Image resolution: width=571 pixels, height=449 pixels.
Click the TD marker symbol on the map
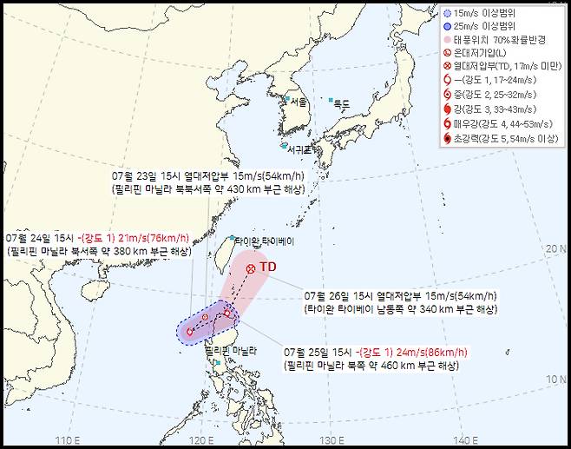coord(251,268)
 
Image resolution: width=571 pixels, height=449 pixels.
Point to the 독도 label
coord(341,103)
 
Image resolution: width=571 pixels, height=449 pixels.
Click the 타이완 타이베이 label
coord(266,241)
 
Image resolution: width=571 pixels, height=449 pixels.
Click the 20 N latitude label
coord(555,249)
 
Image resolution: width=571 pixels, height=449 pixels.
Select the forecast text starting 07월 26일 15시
coord(402,296)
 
